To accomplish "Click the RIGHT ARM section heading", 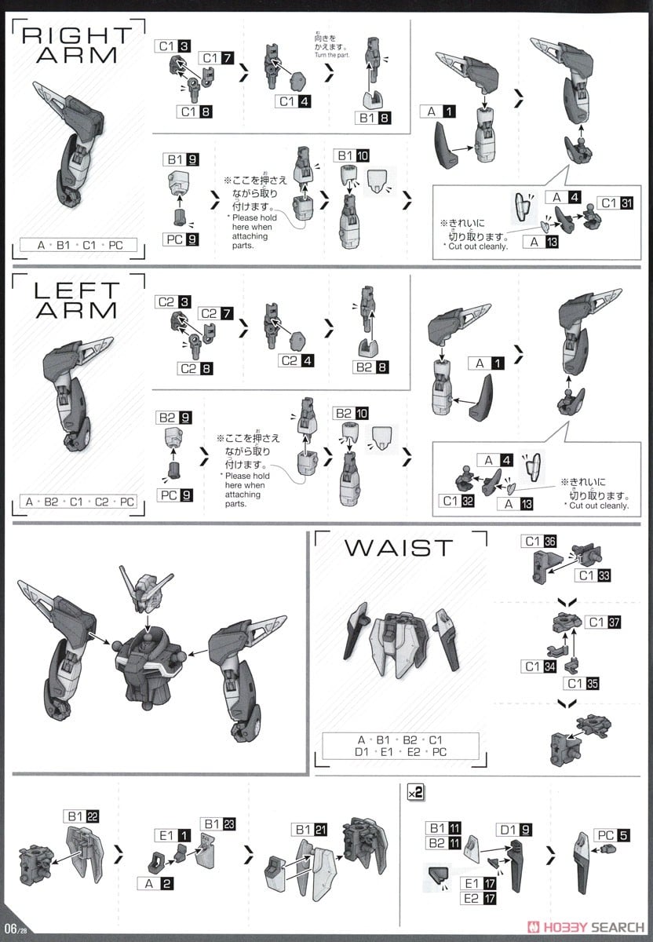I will (x=75, y=45).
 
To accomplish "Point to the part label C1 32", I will (x=457, y=501).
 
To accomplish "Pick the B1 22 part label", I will (x=83, y=816).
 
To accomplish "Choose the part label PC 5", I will (x=613, y=835).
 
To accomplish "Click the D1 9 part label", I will (x=515, y=829).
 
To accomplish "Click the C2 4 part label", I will (x=294, y=360).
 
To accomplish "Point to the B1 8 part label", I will (x=375, y=119).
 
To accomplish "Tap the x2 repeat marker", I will (x=415, y=793).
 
